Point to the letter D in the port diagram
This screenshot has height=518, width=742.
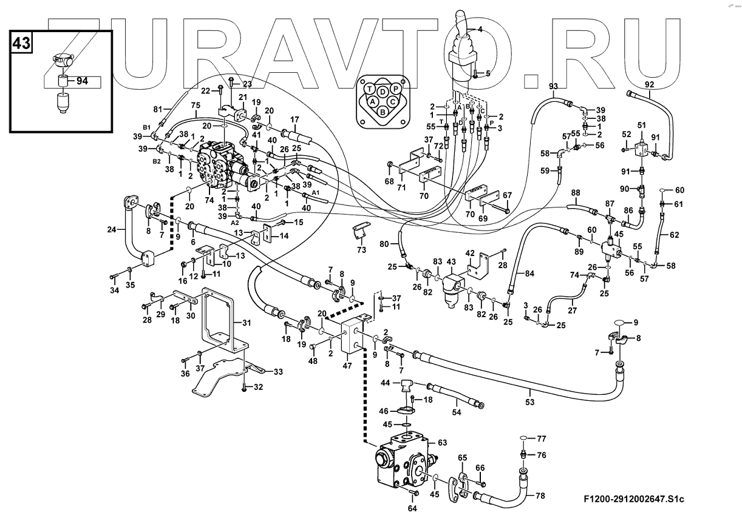click(383, 91)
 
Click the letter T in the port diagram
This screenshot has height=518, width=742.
click(369, 89)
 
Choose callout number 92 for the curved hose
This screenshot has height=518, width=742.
click(649, 84)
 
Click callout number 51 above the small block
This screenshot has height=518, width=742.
click(641, 125)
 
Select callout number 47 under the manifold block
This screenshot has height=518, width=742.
click(347, 366)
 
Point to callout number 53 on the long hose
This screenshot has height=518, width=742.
click(530, 402)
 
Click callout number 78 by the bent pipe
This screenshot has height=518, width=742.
click(540, 496)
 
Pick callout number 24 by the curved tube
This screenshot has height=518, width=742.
click(111, 229)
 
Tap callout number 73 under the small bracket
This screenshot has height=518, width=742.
click(361, 250)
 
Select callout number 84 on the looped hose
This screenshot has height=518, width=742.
click(529, 274)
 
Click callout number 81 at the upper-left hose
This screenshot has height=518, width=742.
click(158, 109)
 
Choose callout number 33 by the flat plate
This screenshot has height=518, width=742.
click(278, 371)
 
